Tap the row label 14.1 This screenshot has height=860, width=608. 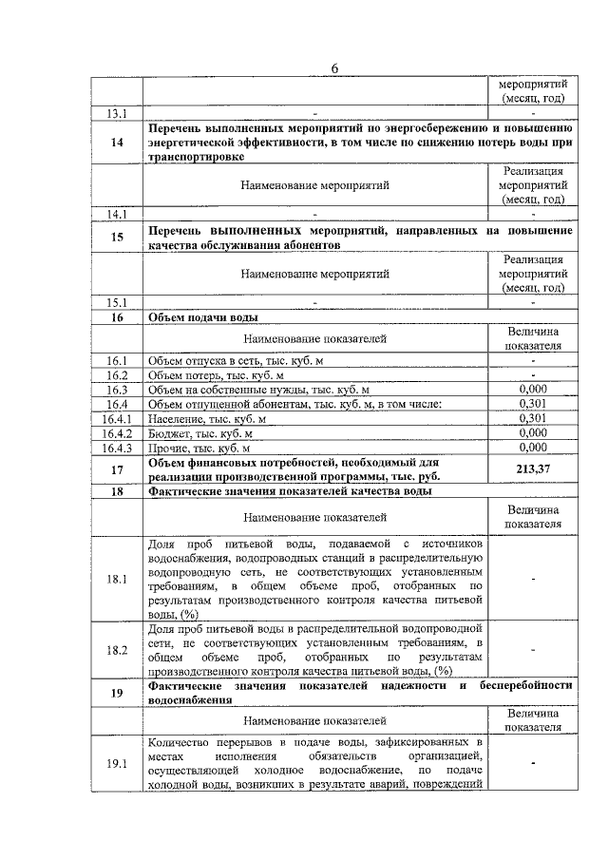[x=117, y=213]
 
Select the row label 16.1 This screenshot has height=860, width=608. [x=117, y=360]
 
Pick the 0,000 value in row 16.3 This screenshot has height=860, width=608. [x=533, y=390]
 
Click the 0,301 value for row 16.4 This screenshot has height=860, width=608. [x=533, y=404]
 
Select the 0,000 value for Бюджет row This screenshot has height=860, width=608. [x=533, y=432]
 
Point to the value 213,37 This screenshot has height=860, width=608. [x=533, y=468]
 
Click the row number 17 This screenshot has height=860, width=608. [x=117, y=468]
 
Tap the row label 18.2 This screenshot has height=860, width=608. [x=117, y=649]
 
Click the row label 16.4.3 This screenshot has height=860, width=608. [x=117, y=447]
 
